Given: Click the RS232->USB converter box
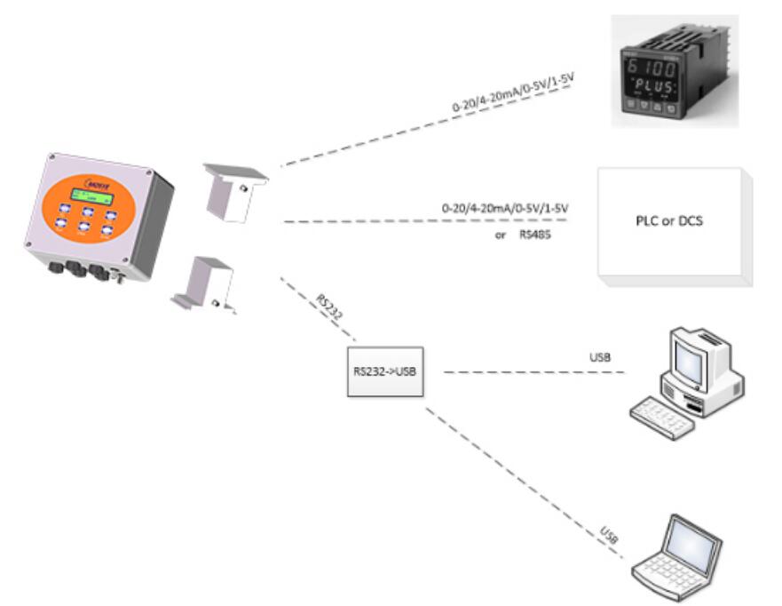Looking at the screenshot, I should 383,371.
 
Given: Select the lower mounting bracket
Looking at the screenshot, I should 205,283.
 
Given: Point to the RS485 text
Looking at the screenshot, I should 537,236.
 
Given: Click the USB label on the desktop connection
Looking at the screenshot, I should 600,357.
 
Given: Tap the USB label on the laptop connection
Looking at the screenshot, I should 609,535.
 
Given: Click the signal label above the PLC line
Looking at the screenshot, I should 504,207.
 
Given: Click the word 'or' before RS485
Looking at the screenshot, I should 501,236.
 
